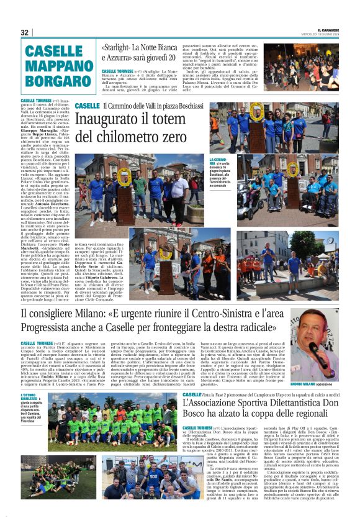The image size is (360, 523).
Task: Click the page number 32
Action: tap(25, 32)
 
